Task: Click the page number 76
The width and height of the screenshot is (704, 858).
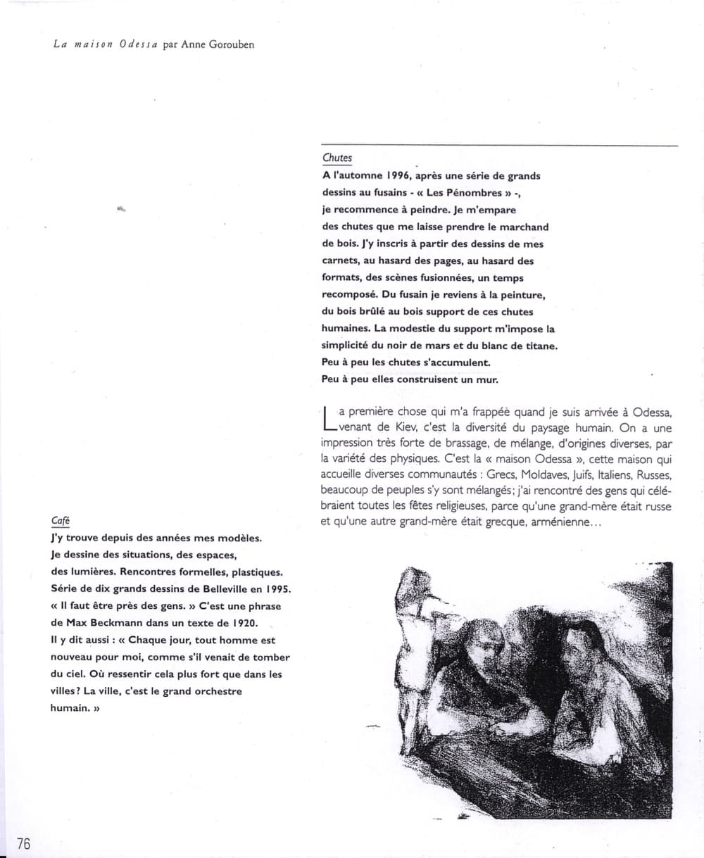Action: tap(23, 844)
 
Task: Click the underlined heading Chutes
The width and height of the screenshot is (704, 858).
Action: tap(337, 158)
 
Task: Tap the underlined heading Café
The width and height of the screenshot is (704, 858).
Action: tap(61, 521)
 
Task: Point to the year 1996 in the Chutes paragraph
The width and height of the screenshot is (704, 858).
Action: tap(401, 176)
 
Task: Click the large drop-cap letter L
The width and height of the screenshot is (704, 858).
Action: tap(327, 418)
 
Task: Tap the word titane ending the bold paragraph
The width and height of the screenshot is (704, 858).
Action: tap(539, 346)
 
